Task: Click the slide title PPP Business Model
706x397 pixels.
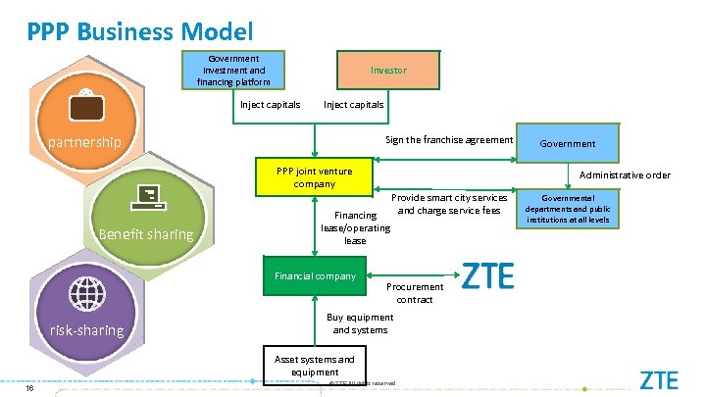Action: [140, 31]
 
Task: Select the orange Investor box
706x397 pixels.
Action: [388, 71]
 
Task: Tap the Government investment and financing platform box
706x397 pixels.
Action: [233, 71]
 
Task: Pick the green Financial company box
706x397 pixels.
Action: [315, 276]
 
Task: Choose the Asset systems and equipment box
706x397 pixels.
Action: [315, 365]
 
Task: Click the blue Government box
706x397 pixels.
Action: [570, 143]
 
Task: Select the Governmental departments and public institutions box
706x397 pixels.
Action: [570, 209]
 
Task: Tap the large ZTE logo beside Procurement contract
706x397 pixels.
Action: [486, 277]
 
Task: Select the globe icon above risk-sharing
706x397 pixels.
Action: [86, 293]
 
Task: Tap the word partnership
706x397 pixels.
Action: [85, 142]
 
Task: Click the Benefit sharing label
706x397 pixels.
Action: [145, 235]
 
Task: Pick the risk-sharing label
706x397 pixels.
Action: [86, 330]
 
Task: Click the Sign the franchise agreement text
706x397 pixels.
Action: [448, 140]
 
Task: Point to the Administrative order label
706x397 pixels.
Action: [625, 175]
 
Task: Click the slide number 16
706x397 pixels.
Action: [30, 386]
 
